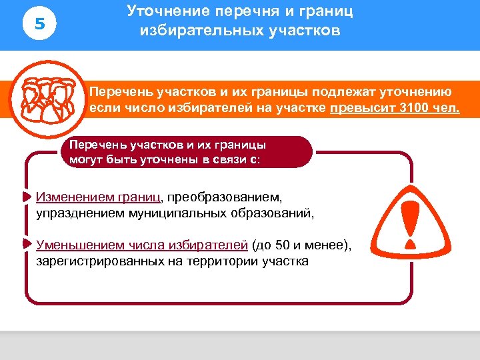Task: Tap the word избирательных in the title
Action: click(x=197, y=31)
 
